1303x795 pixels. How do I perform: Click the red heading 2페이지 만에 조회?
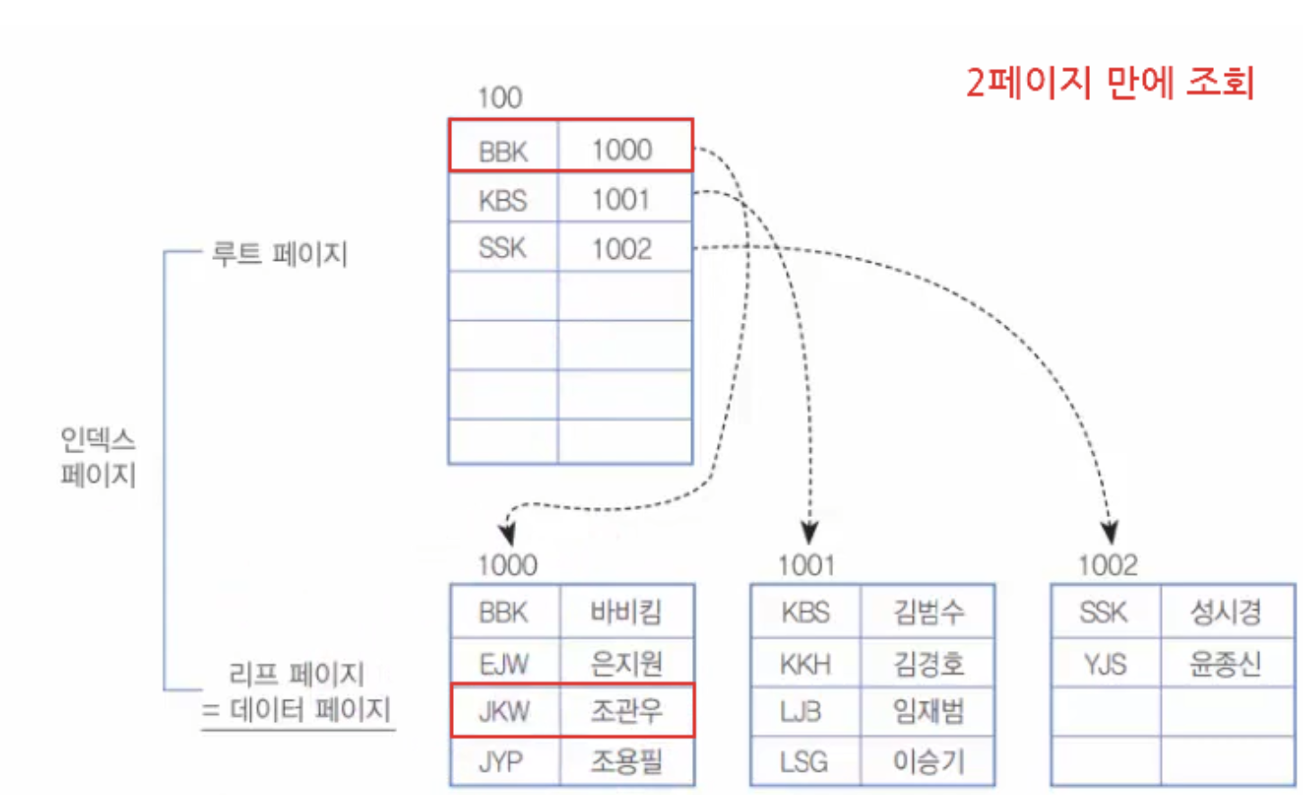[1109, 83]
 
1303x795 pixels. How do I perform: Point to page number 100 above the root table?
[500, 97]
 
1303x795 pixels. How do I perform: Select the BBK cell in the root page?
[503, 150]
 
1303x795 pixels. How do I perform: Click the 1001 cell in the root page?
[621, 199]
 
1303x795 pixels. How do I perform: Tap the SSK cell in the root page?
[502, 247]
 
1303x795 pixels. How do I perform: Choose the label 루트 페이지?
[279, 254]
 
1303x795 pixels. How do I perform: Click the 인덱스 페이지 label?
[98, 456]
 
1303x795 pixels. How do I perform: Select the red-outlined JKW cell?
[503, 711]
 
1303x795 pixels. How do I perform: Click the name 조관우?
[625, 711]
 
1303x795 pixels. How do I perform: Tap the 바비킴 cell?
[625, 612]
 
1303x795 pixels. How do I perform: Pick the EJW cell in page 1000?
[503, 664]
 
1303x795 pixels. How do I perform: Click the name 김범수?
[927, 612]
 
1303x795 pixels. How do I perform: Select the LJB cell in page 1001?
[802, 711]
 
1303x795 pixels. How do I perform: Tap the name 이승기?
[927, 762]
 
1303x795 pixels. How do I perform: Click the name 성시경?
[1226, 612]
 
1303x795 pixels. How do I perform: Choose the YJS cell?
[1104, 664]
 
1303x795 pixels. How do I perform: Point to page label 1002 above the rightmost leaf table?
[1108, 565]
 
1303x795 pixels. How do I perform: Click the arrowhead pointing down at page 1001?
[810, 532]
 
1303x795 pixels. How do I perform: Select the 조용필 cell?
[625, 762]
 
